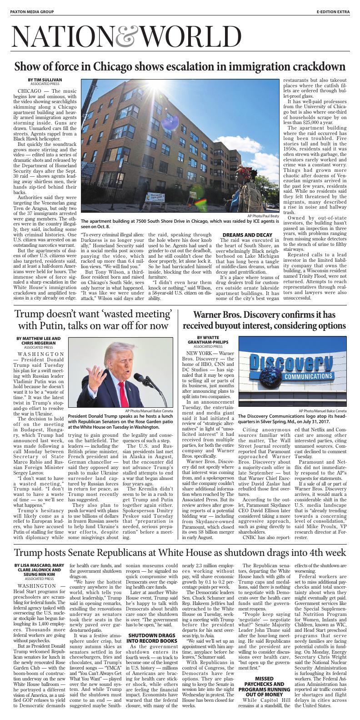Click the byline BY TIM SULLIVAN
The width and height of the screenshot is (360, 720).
(x=45, y=80)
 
